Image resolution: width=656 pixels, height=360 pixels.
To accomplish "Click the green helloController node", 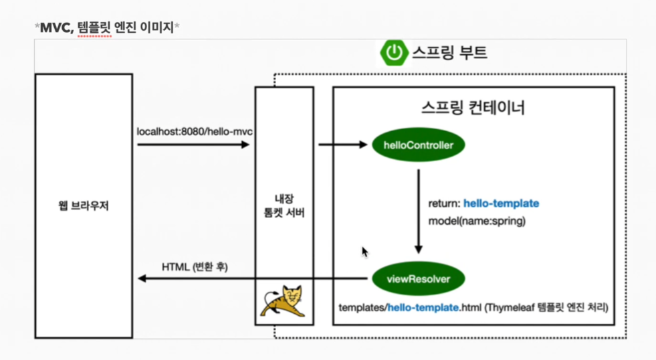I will pos(419,145).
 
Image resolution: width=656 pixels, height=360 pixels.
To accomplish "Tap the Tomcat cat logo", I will pos(284,302).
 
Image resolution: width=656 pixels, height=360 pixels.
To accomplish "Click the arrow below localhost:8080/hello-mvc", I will pos(193,144).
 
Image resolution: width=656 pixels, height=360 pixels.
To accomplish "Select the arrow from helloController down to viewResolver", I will pos(419,210).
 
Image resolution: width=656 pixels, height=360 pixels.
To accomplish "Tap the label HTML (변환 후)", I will pos(195,266).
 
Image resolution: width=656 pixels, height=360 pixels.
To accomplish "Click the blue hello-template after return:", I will pos(501,203).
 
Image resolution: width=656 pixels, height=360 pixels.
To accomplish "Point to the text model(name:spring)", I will pos(477,221).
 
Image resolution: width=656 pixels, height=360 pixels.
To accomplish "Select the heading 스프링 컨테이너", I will pos(473,107).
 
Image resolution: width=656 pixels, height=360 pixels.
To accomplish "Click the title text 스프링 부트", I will pos(449,52).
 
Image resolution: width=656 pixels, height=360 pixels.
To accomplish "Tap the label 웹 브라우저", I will pos(84,206).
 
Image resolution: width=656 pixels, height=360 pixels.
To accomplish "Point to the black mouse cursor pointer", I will pos(364,252).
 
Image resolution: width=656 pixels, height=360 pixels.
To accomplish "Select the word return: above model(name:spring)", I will pos(444,203).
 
